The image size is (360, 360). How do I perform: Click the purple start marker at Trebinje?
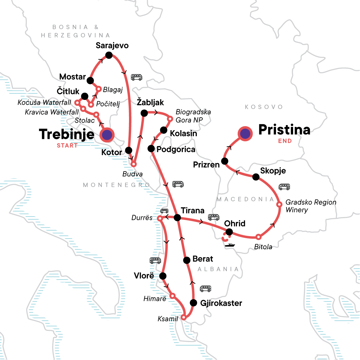pyautogui.click(x=107, y=135)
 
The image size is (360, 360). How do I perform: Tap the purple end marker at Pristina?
pyautogui.click(x=245, y=133)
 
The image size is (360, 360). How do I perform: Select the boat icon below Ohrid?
pyautogui.click(x=230, y=245)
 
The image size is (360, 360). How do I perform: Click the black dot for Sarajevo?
pyautogui.click(x=109, y=55)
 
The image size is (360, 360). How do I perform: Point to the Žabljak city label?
pyautogui.click(x=150, y=102)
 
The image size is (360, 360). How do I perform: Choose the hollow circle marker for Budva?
pyautogui.click(x=134, y=164)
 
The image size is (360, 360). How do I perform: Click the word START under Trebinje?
pyautogui.click(x=67, y=145)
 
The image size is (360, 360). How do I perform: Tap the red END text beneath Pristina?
pyautogui.click(x=285, y=141)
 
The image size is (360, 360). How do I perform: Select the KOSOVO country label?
pyautogui.click(x=264, y=107)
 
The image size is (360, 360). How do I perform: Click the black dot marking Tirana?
pyautogui.click(x=177, y=217)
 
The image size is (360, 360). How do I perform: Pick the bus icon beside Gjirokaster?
pyautogui.click(x=205, y=289)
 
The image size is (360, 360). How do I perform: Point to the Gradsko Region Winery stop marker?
pyautogui.click(x=279, y=205)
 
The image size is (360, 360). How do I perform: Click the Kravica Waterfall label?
pyautogui.click(x=52, y=112)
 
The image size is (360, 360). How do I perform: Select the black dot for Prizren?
pyautogui.click(x=224, y=161)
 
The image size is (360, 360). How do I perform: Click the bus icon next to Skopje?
pyautogui.click(x=284, y=187)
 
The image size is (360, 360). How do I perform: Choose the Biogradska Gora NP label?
pyautogui.click(x=193, y=116)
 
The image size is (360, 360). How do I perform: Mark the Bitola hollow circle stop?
pyautogui.click(x=258, y=237)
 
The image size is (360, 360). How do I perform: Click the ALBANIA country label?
pyautogui.click(x=218, y=269)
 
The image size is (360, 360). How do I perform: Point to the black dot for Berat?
pyautogui.click(x=187, y=260)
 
